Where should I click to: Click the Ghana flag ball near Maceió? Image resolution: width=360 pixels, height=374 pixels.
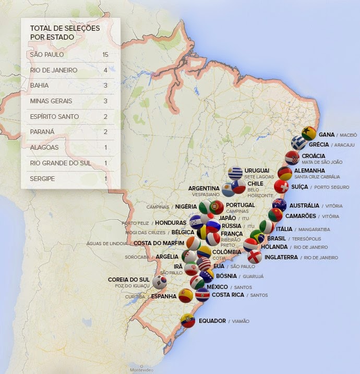pyautogui.click(x=309, y=134)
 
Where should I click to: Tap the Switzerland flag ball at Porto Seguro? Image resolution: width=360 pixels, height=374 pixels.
pyautogui.click(x=281, y=186)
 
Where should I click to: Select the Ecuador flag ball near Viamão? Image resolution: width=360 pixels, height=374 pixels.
pyautogui.click(x=188, y=320)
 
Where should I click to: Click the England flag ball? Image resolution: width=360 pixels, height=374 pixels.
pyautogui.click(x=255, y=257)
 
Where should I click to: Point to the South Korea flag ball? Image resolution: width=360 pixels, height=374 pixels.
pyautogui.click(x=160, y=282)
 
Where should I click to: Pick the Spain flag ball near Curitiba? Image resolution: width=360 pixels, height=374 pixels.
pyautogui.click(x=186, y=296)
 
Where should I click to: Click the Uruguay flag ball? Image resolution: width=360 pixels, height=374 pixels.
pyautogui.click(x=235, y=173)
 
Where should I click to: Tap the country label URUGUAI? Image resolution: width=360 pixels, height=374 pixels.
pyautogui.click(x=257, y=171)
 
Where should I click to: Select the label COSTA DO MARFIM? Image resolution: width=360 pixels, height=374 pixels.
pyautogui.click(x=159, y=243)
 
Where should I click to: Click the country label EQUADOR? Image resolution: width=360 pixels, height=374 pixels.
pyautogui.click(x=212, y=321)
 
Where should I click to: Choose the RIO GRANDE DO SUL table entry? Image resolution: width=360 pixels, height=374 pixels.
pyautogui.click(x=60, y=163)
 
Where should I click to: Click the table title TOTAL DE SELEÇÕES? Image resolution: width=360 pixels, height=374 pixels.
pyautogui.click(x=64, y=28)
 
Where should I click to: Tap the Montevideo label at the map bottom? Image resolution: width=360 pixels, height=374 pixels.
pyautogui.click(x=142, y=370)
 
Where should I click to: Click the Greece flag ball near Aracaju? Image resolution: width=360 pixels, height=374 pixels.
pyautogui.click(x=298, y=143)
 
